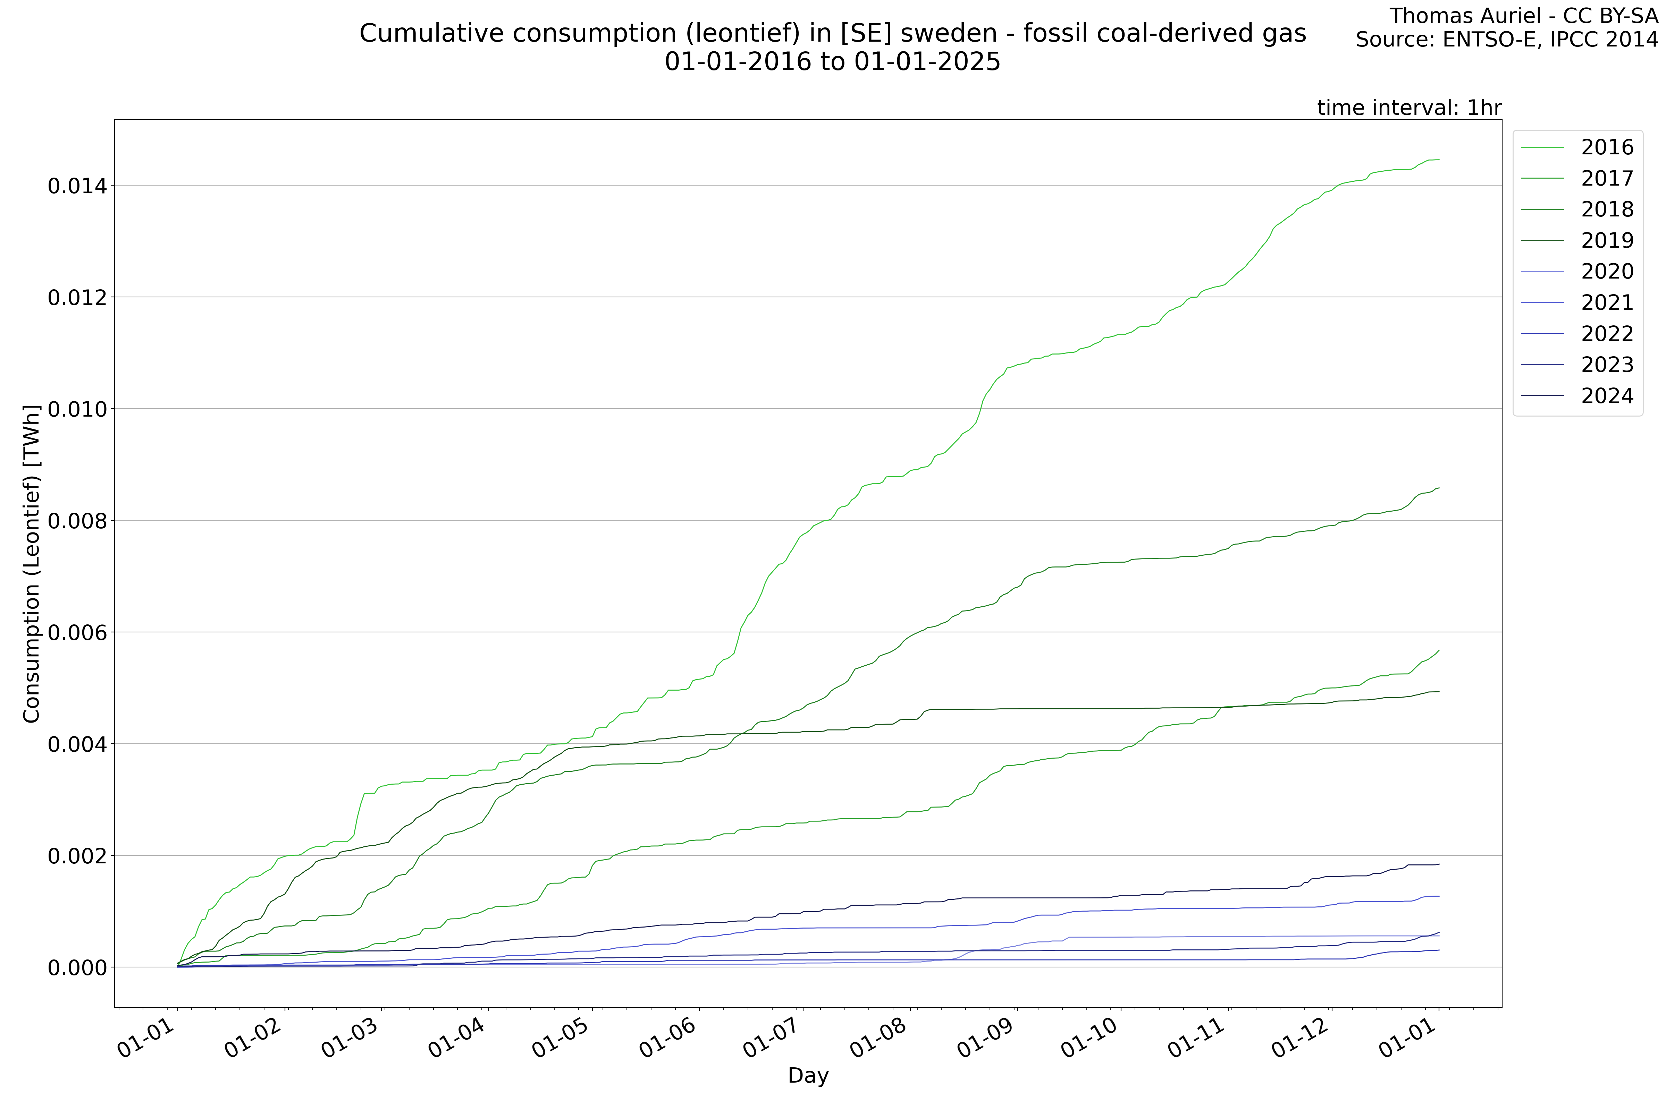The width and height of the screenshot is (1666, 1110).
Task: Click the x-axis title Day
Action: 808,1076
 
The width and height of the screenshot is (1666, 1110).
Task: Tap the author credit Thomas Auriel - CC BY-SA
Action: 1523,16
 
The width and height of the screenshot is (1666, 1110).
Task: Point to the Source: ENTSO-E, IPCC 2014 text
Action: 1507,40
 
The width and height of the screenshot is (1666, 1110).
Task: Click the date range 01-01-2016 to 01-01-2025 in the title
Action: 832,62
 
